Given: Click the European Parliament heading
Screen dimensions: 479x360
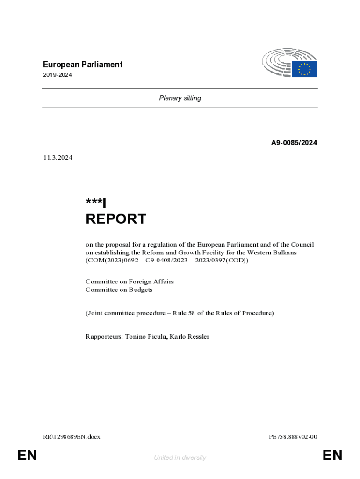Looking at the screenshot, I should click(83, 65).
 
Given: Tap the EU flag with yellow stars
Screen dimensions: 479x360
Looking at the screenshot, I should click(305, 69).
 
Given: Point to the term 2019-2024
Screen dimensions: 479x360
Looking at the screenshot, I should click(58, 75).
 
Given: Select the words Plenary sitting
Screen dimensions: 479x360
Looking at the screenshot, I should click(180, 98).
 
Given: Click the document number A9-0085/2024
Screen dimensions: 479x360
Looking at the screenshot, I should click(294, 143).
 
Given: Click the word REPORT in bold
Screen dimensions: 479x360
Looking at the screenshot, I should click(115, 219).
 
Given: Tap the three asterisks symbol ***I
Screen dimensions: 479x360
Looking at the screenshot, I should click(96, 203).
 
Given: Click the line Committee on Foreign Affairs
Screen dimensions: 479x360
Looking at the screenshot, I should click(130, 282).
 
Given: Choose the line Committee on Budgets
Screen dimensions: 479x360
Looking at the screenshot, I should click(119, 290).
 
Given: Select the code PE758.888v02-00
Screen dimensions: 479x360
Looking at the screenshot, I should click(293, 437).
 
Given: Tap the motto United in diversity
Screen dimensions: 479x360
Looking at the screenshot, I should click(180, 457).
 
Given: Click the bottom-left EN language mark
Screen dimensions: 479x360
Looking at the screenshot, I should click(27, 455).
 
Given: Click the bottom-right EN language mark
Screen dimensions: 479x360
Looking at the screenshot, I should click(332, 455).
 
